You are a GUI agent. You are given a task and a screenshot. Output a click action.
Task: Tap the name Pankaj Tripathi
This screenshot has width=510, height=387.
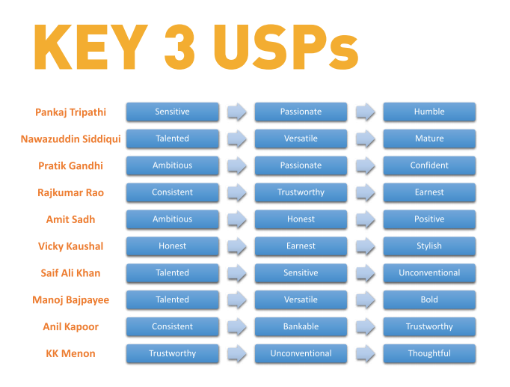[x=70, y=112]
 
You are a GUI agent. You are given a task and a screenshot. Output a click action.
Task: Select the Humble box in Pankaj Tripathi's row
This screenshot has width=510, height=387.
[x=429, y=112]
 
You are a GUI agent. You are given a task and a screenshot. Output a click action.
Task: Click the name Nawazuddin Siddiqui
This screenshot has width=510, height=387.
[x=70, y=139]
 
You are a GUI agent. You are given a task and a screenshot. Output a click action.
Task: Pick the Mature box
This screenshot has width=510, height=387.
[x=429, y=138]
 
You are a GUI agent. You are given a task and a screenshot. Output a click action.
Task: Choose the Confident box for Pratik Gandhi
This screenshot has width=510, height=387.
[x=429, y=165]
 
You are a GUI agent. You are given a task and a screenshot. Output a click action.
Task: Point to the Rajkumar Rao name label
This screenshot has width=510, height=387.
[x=70, y=193]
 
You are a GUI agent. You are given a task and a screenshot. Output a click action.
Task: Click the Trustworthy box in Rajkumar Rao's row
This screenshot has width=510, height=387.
[x=301, y=192]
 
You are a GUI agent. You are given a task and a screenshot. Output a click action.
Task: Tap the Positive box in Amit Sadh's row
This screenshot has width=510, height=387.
[x=429, y=219]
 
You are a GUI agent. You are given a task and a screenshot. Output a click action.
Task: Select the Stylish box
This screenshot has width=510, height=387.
[x=429, y=246]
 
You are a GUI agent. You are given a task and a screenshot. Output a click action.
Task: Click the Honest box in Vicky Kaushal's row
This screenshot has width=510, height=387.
[x=172, y=246]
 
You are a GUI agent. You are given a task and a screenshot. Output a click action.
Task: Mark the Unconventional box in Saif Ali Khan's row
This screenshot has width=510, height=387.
[x=429, y=273]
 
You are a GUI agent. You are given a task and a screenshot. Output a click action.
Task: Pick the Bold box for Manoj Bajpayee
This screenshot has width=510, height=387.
[x=429, y=300]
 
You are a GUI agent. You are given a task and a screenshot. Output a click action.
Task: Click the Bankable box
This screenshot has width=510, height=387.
[x=301, y=327]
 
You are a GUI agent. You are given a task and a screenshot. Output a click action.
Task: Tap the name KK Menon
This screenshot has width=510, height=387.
[x=70, y=354]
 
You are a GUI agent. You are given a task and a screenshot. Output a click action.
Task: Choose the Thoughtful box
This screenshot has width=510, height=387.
[x=429, y=353]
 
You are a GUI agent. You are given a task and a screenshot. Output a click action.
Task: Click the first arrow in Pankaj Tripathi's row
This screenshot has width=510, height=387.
[x=237, y=112]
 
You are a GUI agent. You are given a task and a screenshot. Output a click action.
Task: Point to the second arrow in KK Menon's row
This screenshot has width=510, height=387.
[x=366, y=353]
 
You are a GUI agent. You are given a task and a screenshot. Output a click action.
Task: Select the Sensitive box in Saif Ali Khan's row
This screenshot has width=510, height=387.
[x=301, y=273]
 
